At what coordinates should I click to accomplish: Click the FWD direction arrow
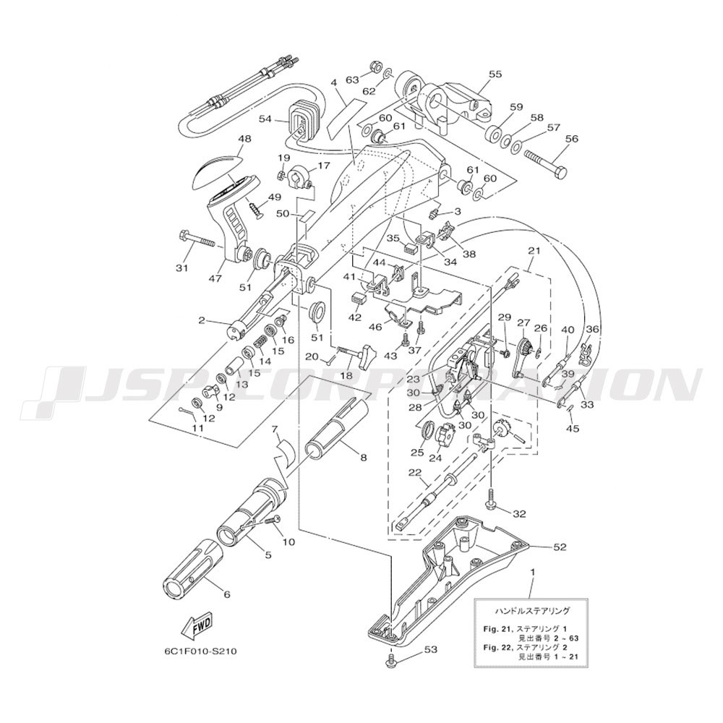[197, 626]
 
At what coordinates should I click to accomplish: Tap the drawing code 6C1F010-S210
[197, 652]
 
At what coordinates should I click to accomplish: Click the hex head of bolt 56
[560, 174]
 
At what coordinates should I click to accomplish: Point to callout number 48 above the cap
[244, 138]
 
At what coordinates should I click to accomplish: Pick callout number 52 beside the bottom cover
[558, 547]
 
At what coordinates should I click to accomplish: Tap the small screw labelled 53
[391, 660]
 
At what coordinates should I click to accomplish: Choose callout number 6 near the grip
[226, 595]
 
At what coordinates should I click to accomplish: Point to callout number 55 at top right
[495, 74]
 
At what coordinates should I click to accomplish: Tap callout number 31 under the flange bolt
[182, 268]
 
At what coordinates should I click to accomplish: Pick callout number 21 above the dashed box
[534, 252]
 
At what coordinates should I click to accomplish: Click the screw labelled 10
[272, 520]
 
